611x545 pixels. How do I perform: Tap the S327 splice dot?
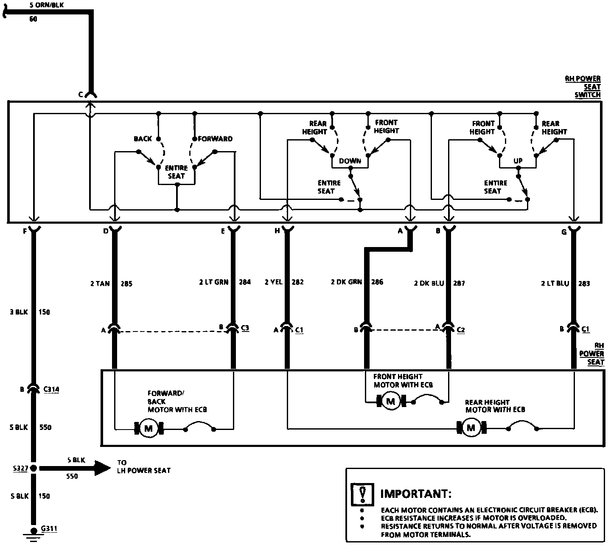[x=34, y=468]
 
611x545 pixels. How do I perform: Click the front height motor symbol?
[x=391, y=401]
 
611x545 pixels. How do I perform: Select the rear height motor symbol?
[x=471, y=428]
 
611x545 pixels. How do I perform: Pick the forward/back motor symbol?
[x=149, y=428]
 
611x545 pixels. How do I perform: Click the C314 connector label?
[x=51, y=389]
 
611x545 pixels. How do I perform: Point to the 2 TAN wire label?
[x=100, y=284]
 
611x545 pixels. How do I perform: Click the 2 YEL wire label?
[x=273, y=282]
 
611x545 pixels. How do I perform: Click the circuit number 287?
[x=459, y=283]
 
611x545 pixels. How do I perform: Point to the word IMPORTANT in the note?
[x=416, y=494]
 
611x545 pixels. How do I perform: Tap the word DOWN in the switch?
[x=350, y=161]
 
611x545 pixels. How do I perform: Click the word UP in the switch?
[x=518, y=161]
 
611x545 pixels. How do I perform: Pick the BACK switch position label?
[x=143, y=139]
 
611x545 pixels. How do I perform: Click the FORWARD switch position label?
[x=215, y=139]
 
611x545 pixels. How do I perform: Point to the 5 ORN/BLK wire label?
[x=47, y=6]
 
